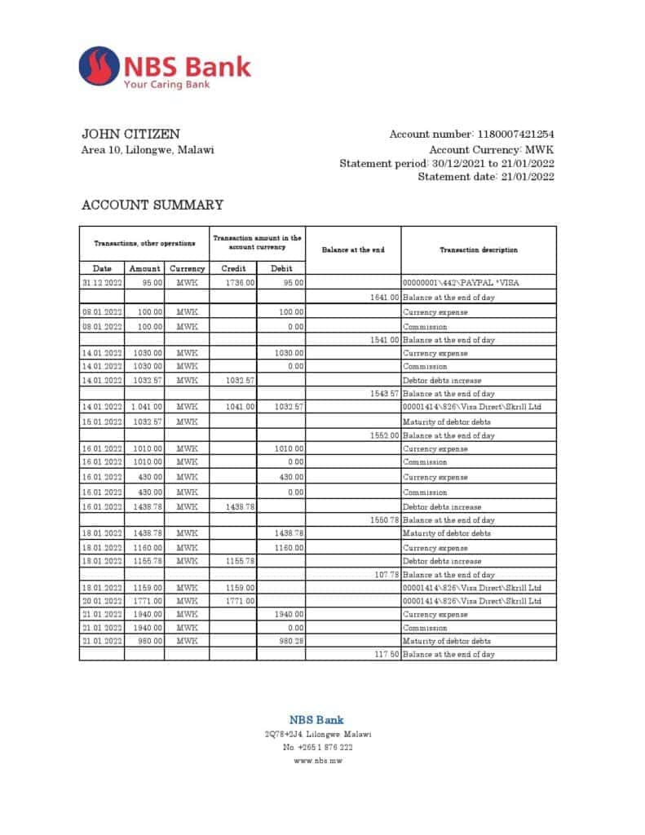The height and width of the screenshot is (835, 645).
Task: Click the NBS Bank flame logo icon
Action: tap(99, 68)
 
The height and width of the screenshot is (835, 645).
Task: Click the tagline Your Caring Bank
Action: tap(166, 84)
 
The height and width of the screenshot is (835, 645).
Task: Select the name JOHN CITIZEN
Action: tap(131, 134)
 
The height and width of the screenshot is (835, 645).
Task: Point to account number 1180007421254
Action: tap(515, 135)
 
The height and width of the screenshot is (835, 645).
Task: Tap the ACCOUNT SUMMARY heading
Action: tap(152, 205)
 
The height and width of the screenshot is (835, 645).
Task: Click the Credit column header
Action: tap(233, 268)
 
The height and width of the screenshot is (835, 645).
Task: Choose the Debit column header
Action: tap(282, 268)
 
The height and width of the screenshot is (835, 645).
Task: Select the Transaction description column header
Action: tap(479, 250)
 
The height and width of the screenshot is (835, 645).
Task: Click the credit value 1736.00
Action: tap(240, 283)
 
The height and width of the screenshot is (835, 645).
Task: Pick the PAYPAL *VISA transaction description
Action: tap(461, 283)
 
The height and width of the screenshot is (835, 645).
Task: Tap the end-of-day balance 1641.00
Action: tap(384, 298)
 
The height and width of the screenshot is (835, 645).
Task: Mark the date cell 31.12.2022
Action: tap(102, 283)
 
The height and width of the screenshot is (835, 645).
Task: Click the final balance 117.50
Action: tap(386, 654)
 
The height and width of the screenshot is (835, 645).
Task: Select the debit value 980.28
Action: tap(291, 641)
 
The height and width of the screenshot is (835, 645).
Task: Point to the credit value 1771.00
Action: tap(240, 601)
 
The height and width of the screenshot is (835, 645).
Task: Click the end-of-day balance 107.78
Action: tap(386, 575)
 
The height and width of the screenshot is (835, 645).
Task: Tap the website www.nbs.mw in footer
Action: tap(317, 760)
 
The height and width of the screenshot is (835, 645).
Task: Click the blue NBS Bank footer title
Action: tap(316, 720)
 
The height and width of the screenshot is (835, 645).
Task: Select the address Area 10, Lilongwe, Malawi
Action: tap(148, 150)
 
